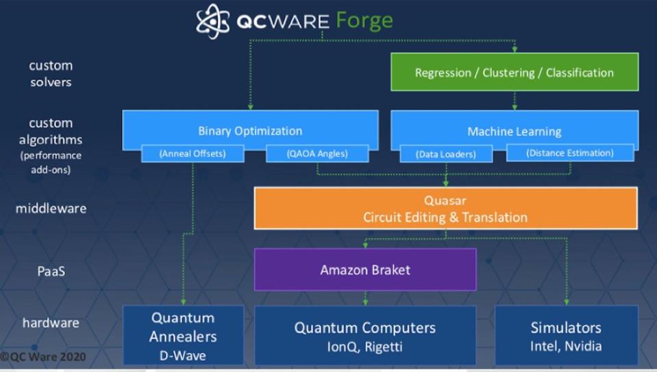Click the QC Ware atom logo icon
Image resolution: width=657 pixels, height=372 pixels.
(213, 21)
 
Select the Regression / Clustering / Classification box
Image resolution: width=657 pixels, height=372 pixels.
(515, 72)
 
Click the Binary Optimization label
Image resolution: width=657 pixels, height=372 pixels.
(250, 131)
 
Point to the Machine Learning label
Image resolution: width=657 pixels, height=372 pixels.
(514, 132)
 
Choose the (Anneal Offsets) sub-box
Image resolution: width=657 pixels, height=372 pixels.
(193, 154)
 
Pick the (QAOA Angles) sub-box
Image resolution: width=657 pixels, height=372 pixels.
(317, 154)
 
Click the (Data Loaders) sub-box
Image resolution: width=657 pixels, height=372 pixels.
(446, 154)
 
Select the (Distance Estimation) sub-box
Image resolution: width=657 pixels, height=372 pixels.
(570, 153)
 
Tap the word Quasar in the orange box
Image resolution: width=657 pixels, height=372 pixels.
(445, 200)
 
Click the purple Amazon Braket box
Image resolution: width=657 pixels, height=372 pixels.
(365, 270)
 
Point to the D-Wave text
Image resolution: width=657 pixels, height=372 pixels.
(183, 356)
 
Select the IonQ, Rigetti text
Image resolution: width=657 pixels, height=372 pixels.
(364, 347)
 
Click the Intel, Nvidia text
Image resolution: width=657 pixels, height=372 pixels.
(566, 346)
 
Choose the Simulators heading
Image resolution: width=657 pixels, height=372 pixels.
(566, 327)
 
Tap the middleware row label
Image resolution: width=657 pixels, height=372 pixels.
(51, 208)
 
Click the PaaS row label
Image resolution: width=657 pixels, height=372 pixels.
(51, 271)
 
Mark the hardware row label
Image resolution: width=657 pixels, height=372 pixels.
(51, 323)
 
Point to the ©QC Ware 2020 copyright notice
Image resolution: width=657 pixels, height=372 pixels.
(43, 357)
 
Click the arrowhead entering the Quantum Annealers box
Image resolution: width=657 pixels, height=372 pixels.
(183, 302)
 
